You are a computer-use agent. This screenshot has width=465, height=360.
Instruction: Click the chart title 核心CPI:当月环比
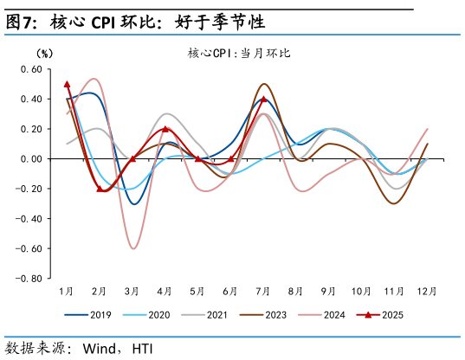[x=239, y=53]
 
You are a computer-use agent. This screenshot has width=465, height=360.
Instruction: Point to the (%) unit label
[x=43, y=53]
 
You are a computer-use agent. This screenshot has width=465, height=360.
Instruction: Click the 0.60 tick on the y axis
[x=31, y=69]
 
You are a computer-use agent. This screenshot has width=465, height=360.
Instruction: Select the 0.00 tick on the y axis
[x=31, y=159]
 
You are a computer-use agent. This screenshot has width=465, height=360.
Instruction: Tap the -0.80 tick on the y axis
[x=29, y=279]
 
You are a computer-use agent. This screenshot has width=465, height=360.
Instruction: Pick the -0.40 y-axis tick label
[x=29, y=219]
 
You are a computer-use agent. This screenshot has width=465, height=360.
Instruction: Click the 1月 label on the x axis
[x=67, y=292]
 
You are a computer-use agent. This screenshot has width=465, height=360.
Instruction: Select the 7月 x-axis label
[x=264, y=292]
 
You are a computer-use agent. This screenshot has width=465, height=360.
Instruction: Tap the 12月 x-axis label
[x=428, y=292]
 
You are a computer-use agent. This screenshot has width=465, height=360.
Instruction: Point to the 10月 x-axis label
[x=362, y=292]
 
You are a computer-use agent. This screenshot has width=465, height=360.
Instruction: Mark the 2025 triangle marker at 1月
[x=67, y=84]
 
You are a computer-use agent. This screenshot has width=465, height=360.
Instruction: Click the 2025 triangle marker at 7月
[x=264, y=99]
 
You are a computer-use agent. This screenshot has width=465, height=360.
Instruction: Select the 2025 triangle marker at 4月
[x=165, y=129]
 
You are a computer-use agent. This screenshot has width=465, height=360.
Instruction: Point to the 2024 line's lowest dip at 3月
[x=133, y=248]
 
